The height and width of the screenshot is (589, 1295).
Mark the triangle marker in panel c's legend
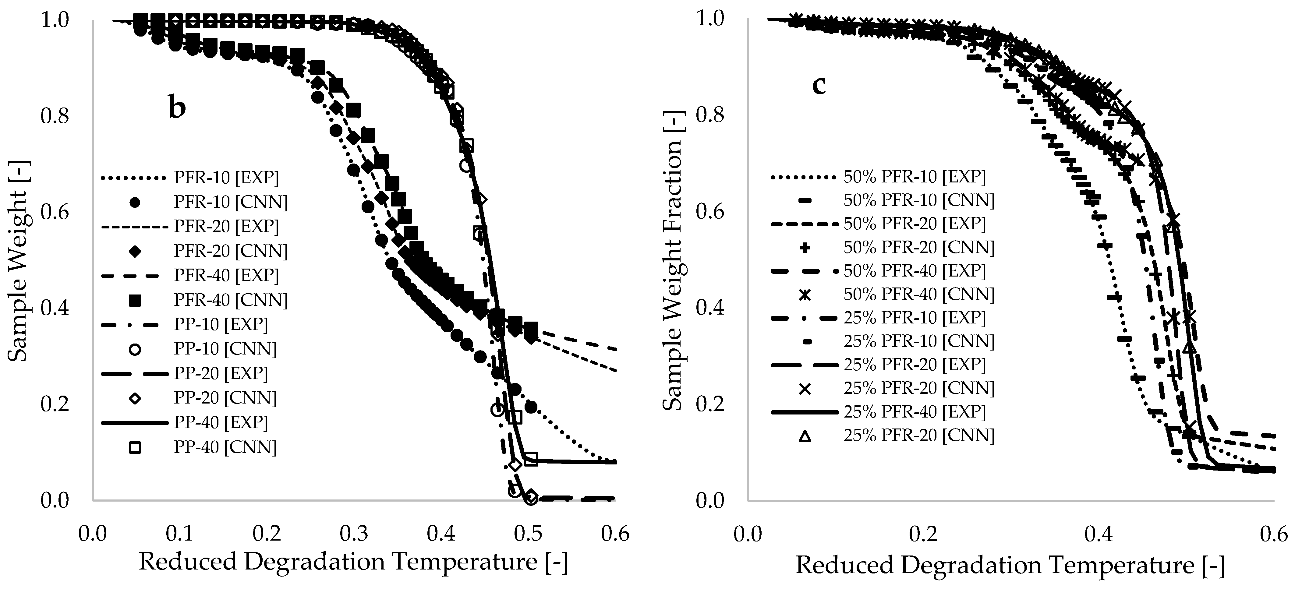[805, 436]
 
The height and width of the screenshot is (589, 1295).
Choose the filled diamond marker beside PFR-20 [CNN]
[135, 251]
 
